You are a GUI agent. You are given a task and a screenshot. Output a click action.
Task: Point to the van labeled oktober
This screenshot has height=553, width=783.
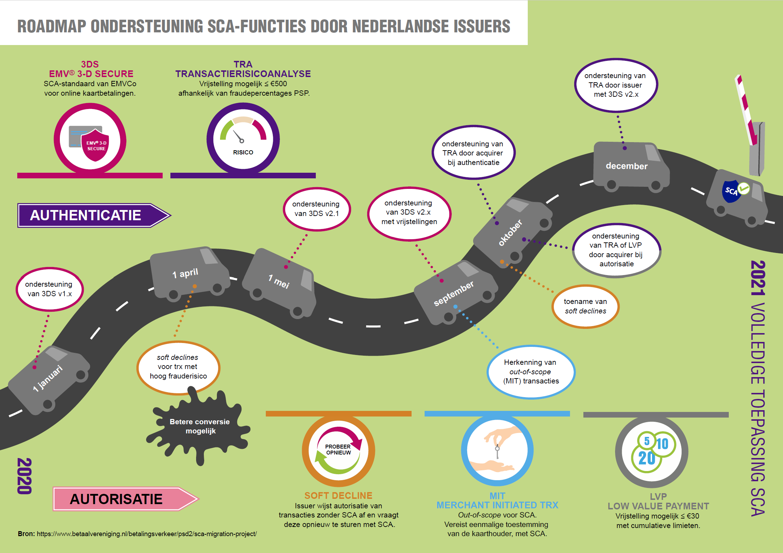coord(512,232)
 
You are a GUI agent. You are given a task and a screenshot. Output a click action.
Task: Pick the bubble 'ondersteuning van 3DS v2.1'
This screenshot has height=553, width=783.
coord(316,209)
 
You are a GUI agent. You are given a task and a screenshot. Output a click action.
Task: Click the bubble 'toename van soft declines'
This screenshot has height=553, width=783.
coord(585,306)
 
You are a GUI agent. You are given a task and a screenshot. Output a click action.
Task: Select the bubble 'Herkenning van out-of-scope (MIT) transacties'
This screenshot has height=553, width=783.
coord(531,372)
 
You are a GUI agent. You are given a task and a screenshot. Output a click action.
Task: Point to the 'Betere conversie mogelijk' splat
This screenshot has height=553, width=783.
coord(200,426)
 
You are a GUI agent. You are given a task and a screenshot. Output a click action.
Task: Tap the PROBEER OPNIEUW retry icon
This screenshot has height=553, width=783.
coord(338,450)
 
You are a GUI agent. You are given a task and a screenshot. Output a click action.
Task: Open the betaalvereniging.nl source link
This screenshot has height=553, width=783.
coord(146,534)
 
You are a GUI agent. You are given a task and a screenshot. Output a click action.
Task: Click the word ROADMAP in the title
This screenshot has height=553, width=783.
coord(52,26)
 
